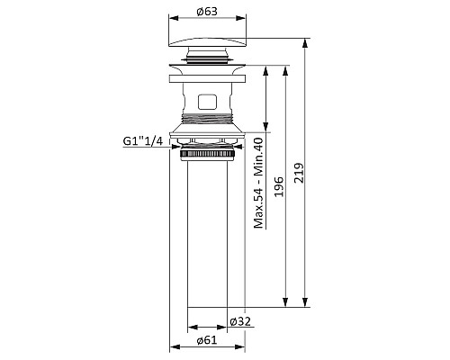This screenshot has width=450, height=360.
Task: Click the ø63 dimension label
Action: point(207,12)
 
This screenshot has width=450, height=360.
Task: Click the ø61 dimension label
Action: point(207,340)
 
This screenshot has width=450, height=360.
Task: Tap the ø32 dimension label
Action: point(240,321)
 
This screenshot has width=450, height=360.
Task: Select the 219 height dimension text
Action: point(299,173)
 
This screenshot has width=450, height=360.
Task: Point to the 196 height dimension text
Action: point(279,186)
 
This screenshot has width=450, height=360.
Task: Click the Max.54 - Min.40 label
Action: point(258,183)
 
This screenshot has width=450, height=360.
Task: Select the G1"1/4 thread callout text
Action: point(143,140)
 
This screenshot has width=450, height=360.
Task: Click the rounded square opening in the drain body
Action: point(207,102)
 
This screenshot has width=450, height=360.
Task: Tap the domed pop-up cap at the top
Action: point(207,42)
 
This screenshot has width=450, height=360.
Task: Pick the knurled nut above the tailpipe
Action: point(207,155)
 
